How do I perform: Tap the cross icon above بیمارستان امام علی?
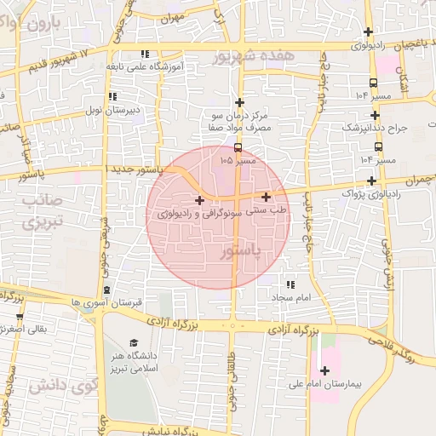point(324,370)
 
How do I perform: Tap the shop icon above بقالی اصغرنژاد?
point(20,316)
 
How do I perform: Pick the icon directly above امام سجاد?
point(290,285)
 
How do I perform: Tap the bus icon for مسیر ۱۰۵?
point(237,146)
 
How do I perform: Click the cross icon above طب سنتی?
point(267,197)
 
